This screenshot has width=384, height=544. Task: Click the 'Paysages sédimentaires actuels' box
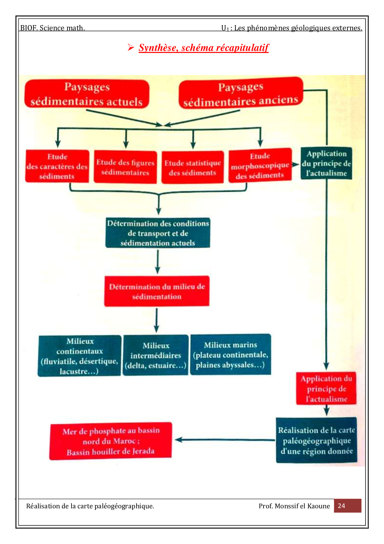[x=87, y=94]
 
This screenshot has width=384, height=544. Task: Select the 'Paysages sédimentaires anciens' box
[x=241, y=93]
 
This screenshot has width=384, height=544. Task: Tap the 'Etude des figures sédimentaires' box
[x=125, y=167]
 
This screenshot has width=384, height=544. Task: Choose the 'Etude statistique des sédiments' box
[x=192, y=167]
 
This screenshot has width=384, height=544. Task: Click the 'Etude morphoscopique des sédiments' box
[x=260, y=166]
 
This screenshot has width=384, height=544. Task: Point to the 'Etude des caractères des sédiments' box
[x=57, y=166]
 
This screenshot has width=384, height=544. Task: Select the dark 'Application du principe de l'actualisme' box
[x=326, y=163]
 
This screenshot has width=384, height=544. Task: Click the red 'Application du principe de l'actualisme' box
[x=326, y=388]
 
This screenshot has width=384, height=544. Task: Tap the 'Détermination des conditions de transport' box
[x=158, y=233]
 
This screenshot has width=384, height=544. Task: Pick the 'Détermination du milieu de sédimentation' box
[x=157, y=291]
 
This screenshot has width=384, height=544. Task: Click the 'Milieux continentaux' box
[x=80, y=356]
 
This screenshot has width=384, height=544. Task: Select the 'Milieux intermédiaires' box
[x=155, y=355]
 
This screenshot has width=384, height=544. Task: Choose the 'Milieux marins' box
[x=230, y=354]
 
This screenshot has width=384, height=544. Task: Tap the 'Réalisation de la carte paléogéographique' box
[x=316, y=440]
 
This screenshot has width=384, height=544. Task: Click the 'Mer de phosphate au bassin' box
[x=111, y=441]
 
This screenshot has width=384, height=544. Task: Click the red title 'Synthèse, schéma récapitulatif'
[x=203, y=48]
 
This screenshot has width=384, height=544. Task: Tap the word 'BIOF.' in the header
[x=29, y=28]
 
